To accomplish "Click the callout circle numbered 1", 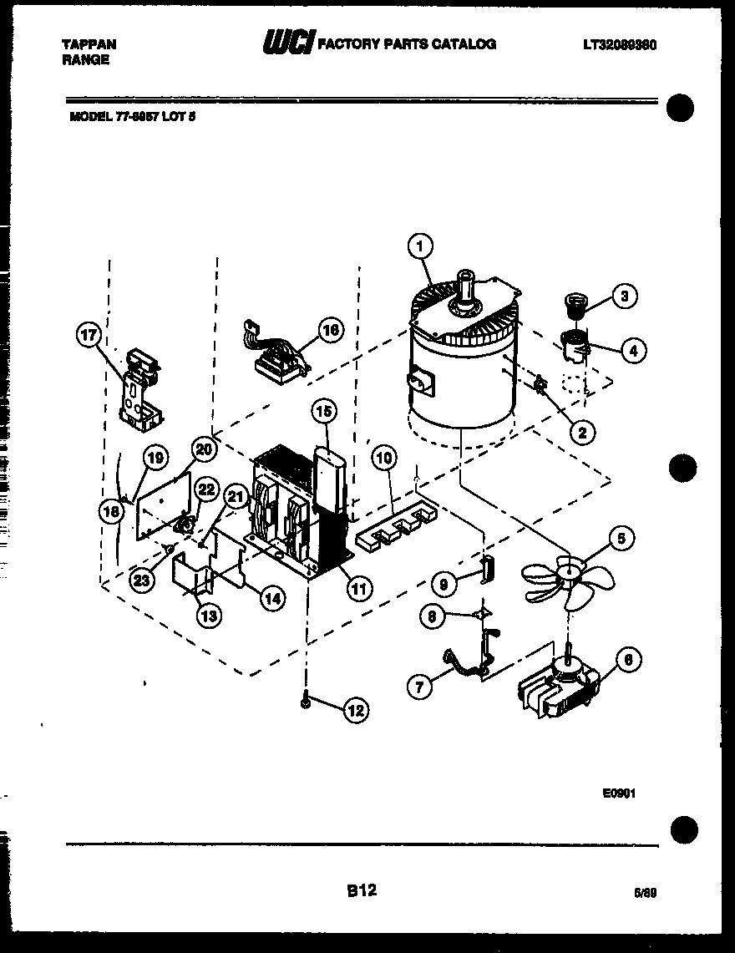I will [x=421, y=246].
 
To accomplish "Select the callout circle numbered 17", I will [x=88, y=336].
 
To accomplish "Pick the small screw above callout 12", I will [x=307, y=704].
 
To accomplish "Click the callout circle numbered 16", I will [x=330, y=330].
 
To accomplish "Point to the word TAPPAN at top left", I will [x=89, y=44].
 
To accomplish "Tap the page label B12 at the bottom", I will [x=361, y=891].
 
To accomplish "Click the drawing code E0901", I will [x=619, y=794].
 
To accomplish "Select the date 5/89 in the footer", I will [x=646, y=893].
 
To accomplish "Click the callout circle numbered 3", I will [x=623, y=295].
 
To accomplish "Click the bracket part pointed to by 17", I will [x=139, y=391].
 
